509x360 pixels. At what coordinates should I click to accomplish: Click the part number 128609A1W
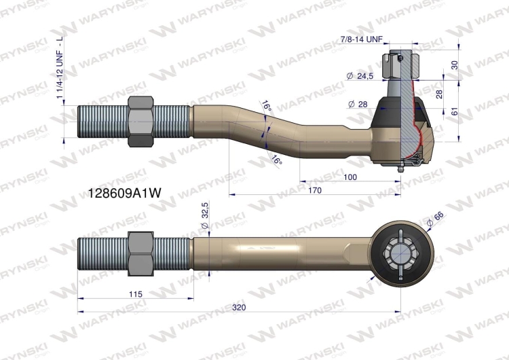(x=125, y=193)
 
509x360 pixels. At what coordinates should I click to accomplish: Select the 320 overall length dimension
(x=239, y=307)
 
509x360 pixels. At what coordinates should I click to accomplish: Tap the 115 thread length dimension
(x=133, y=293)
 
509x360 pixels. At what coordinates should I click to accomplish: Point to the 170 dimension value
(x=314, y=191)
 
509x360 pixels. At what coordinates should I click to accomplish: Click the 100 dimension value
(x=350, y=177)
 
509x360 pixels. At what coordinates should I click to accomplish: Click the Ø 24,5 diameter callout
(x=360, y=76)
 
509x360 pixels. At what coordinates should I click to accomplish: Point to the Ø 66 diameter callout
(x=434, y=218)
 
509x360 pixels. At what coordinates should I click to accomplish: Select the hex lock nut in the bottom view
(x=140, y=253)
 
